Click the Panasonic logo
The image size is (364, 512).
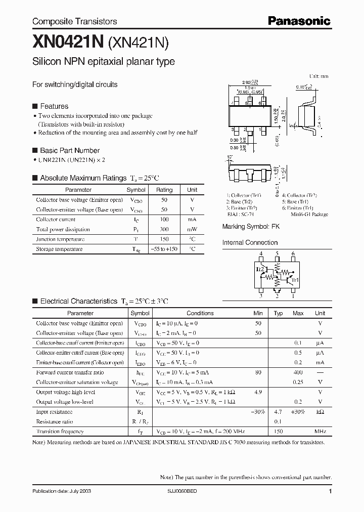298,21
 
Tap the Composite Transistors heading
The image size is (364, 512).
74,21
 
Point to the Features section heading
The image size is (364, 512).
54,106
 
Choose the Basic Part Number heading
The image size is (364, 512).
69,150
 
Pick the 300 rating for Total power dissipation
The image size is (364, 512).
164,229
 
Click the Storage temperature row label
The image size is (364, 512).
59,249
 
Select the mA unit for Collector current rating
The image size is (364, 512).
192,220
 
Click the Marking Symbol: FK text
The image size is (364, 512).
251,227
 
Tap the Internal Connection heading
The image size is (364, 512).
250,242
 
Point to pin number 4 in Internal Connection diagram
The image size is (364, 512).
261,254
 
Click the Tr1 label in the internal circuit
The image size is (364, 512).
295,279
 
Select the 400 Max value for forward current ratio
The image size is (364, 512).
298,372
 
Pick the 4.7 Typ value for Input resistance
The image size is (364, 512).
278,412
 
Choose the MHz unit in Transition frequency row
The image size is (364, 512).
320,432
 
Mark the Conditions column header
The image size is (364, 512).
200,313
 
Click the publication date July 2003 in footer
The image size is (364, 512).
62,491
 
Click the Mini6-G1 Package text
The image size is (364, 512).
309,214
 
